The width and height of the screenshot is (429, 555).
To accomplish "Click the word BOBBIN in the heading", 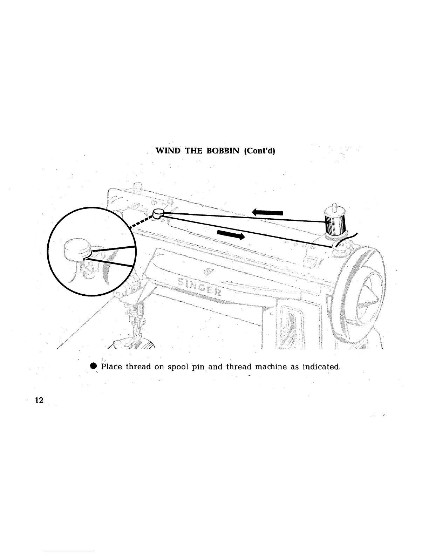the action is [x=222, y=151].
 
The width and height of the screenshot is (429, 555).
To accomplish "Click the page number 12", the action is [x=39, y=400].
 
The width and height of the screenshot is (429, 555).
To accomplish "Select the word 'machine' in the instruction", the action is [x=270, y=367].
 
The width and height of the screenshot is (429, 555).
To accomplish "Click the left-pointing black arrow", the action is [x=267, y=212].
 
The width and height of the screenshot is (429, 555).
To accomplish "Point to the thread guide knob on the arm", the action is [x=159, y=213].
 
